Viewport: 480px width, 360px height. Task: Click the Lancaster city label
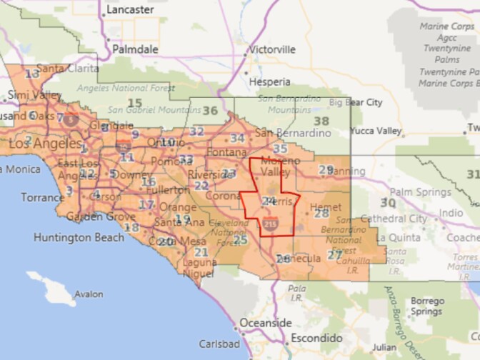point(130,10)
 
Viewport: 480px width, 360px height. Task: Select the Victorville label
point(272,50)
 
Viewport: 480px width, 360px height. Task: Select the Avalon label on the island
point(89,294)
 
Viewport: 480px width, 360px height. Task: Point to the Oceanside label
point(266,323)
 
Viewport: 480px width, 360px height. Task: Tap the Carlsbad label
point(219,342)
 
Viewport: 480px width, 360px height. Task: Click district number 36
point(210,110)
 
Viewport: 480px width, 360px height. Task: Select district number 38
point(321,121)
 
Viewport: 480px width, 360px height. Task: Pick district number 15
point(134,104)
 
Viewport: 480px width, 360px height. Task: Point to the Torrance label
point(42,197)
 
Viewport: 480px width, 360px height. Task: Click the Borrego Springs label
point(426,306)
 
